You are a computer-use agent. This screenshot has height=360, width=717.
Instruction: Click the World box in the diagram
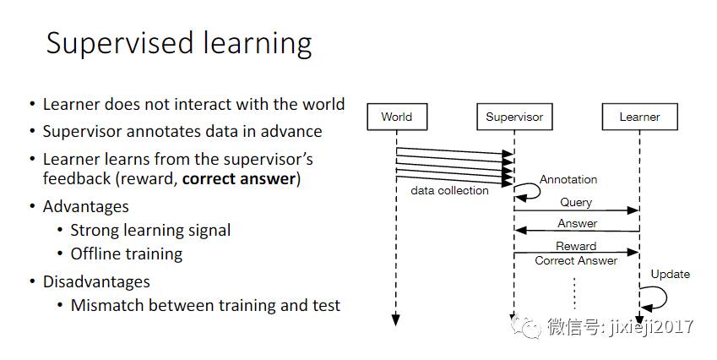tap(396, 117)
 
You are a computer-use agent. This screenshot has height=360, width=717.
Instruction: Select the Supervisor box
tap(514, 117)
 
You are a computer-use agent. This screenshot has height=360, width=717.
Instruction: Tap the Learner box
tap(639, 117)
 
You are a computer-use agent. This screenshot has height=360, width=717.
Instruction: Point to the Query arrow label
tap(576, 203)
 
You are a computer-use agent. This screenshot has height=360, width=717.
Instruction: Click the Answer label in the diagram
tap(577, 224)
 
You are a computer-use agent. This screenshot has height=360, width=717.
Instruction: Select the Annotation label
tap(568, 179)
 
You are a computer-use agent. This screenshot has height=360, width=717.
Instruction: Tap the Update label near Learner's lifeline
tap(670, 274)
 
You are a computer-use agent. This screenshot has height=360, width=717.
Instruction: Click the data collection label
tap(449, 191)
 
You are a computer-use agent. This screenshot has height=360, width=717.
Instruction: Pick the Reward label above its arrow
tap(576, 246)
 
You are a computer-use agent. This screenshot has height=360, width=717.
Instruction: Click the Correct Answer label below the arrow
tap(576, 260)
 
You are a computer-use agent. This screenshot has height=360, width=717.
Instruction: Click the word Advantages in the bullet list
tap(86, 207)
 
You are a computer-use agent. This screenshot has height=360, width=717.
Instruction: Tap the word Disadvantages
tap(96, 281)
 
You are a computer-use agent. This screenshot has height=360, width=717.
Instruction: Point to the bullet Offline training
tap(126, 254)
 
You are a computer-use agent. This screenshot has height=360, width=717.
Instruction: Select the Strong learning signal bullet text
tap(150, 230)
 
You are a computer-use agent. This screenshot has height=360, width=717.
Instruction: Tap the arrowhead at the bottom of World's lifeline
tap(395, 319)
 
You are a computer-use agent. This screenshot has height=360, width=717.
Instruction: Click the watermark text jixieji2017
tap(649, 326)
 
